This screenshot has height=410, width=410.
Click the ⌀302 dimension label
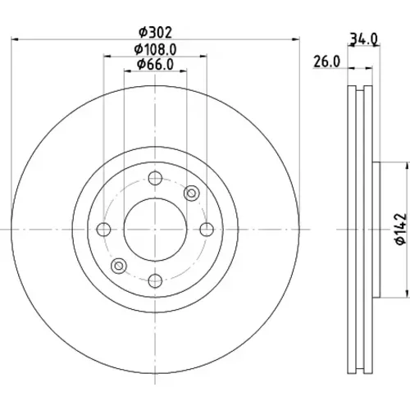pos(155,33)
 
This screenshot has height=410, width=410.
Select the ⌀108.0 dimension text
pos(155,49)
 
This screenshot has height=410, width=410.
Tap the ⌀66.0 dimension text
pos(155,65)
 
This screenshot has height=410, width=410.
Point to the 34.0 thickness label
pos(364,39)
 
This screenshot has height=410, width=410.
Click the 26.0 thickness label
pos(327,61)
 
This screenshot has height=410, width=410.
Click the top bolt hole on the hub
pos(155,178)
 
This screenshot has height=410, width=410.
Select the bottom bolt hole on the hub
pos(155,280)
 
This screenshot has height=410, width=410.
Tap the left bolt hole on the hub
pos(104,230)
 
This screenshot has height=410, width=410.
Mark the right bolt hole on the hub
pos(207,230)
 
